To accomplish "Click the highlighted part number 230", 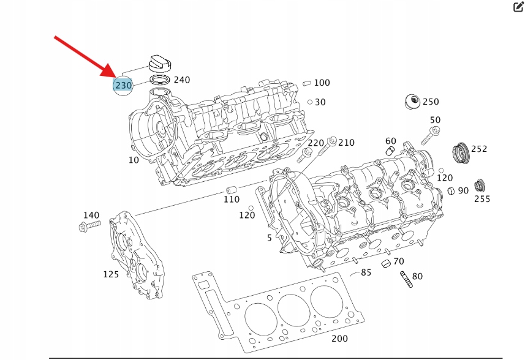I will click(x=123, y=85).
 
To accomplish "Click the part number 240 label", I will click(x=182, y=80).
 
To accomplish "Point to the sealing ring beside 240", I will click(x=160, y=80).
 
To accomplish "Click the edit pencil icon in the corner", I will click(x=517, y=7).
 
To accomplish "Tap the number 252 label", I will click(x=479, y=149).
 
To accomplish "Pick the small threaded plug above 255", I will click(x=482, y=184).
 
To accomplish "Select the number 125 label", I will click(x=111, y=274).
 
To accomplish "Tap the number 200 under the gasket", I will click(x=339, y=339).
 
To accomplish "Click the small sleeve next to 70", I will click(x=386, y=264).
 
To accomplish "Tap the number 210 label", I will click(x=347, y=143).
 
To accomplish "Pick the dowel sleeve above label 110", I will click(x=232, y=187).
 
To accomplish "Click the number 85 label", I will click(x=366, y=272).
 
